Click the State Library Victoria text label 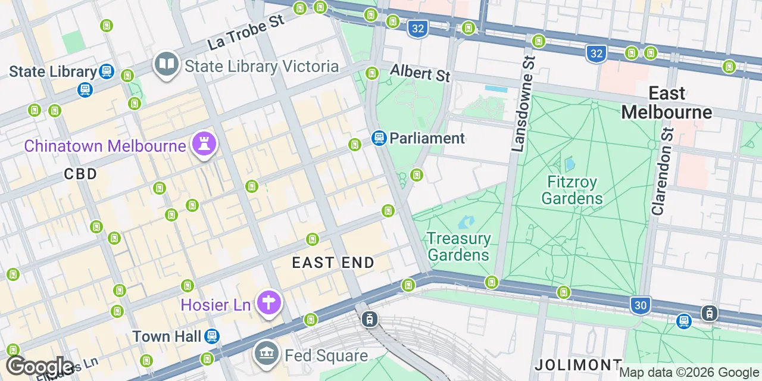click(261, 66)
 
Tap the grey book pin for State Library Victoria click(167, 64)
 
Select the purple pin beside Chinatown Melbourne click(204, 144)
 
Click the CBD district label click(80, 174)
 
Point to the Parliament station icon click(379, 138)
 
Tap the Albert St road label click(420, 73)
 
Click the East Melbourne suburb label click(667, 102)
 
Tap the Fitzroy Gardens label click(572, 189)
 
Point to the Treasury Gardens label click(458, 246)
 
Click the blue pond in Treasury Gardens click(466, 222)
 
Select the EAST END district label click(333, 263)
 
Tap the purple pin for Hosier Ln click(268, 303)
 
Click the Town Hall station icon click(212, 336)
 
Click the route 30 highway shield click(640, 305)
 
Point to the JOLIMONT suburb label click(578, 364)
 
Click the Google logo click(40, 366)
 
